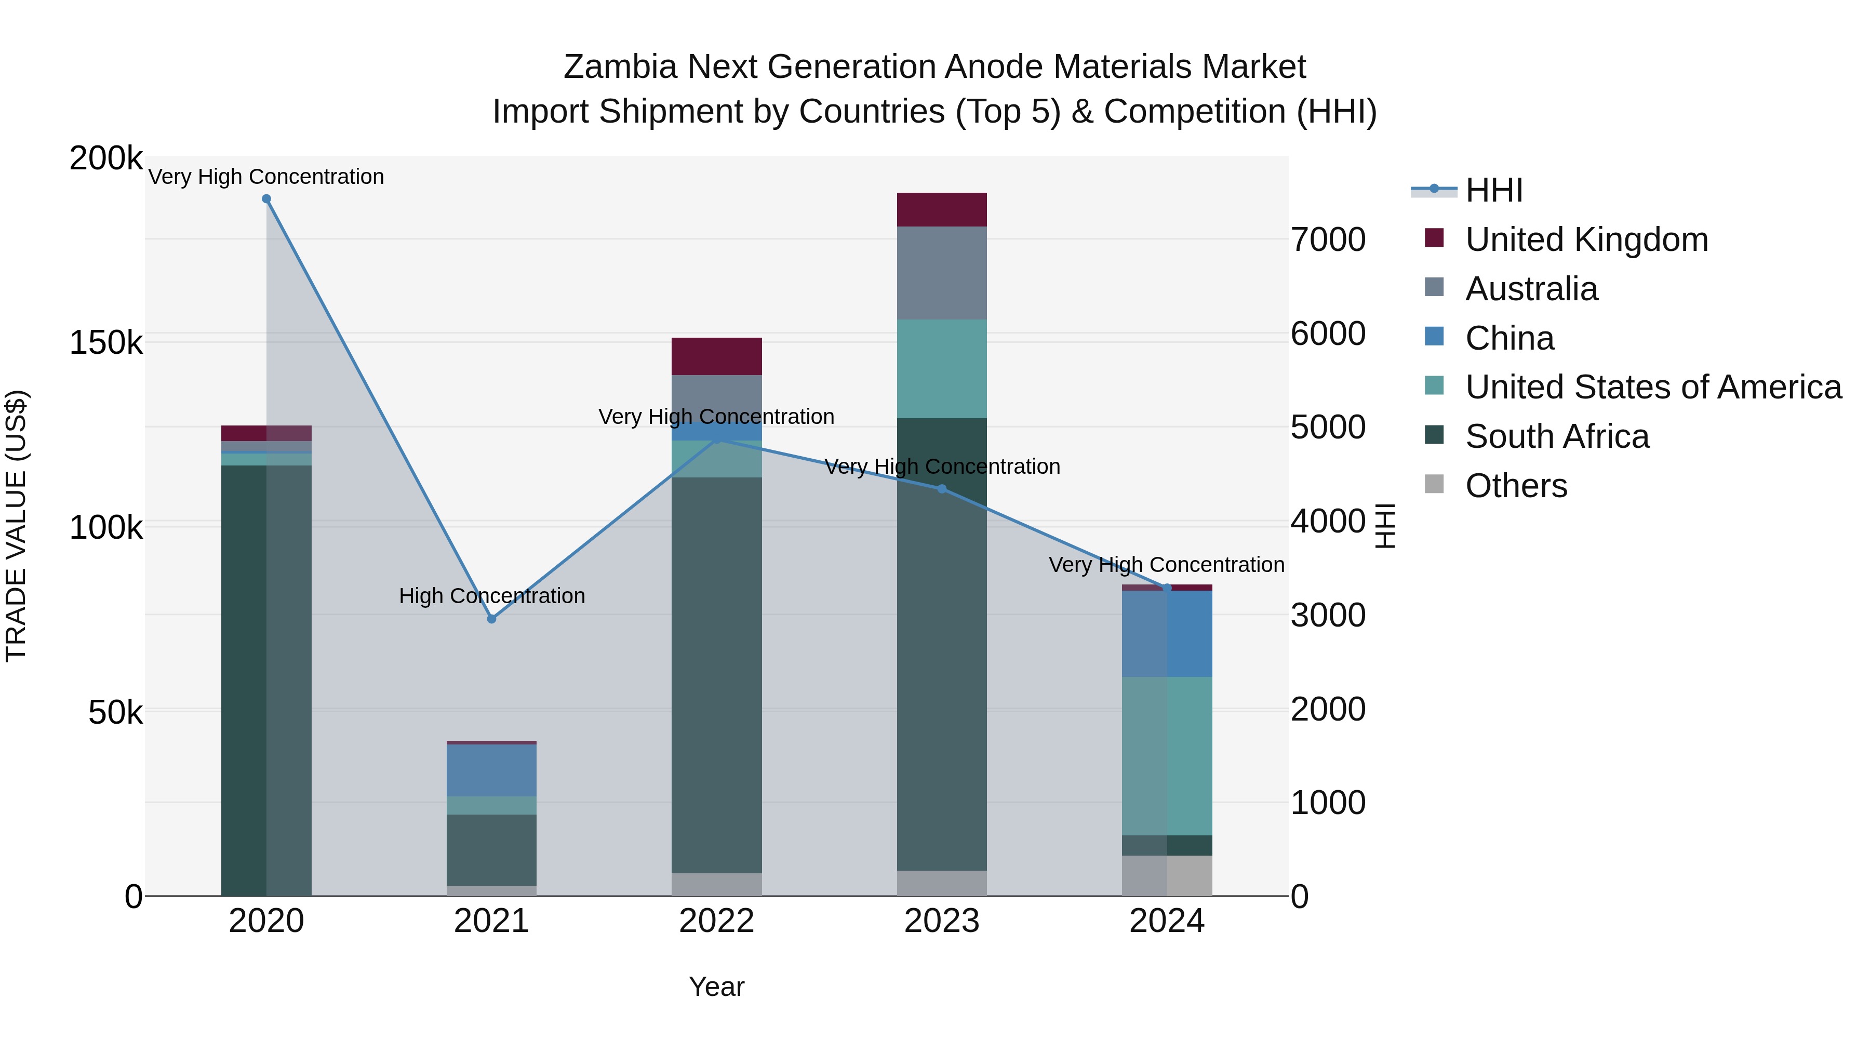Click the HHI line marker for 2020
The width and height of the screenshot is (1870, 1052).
point(266,199)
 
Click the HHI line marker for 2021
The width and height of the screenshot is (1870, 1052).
point(491,619)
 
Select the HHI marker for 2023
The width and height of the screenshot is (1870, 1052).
point(942,489)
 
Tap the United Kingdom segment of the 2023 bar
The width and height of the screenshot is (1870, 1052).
point(942,210)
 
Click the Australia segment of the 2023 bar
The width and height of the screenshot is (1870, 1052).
point(942,273)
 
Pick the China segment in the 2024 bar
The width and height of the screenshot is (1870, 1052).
point(1167,633)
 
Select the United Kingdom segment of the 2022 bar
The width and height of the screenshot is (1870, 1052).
point(716,356)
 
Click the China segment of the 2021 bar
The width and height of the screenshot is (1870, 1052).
point(491,770)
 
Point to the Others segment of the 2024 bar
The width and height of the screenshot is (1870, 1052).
point(1167,875)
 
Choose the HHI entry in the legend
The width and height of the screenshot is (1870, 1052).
point(1493,190)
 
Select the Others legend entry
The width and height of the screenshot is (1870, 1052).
point(1516,486)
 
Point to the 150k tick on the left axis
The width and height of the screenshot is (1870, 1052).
point(106,343)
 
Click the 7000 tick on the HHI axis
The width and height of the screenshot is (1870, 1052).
point(1328,239)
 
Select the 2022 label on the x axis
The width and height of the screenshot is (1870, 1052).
point(716,921)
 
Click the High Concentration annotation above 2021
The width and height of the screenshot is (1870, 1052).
point(491,596)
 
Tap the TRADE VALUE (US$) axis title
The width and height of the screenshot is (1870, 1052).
point(17,526)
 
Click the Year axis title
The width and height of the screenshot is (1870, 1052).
point(716,987)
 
